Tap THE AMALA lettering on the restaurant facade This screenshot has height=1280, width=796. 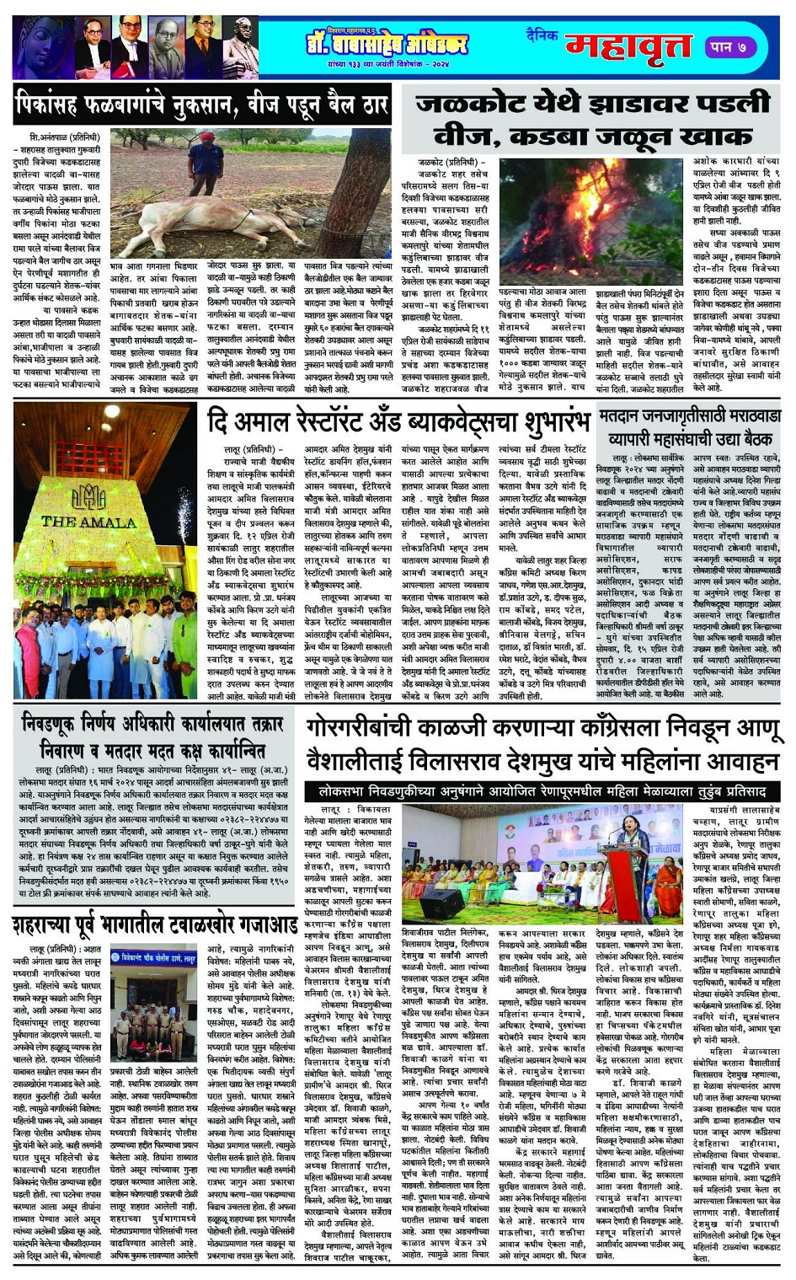(x=88, y=522)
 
